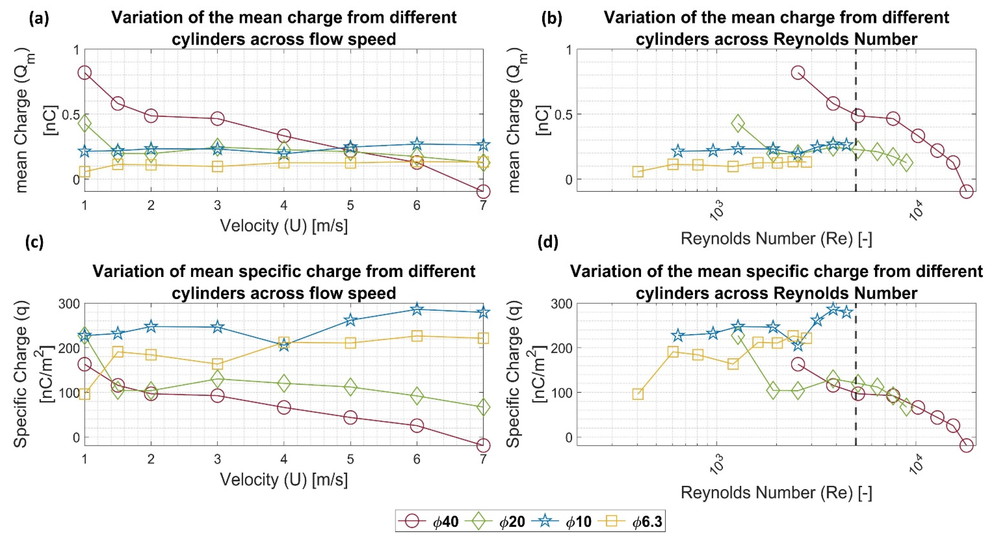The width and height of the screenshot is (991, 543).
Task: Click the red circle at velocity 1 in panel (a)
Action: [85, 73]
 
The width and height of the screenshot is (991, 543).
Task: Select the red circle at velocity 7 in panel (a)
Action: [483, 191]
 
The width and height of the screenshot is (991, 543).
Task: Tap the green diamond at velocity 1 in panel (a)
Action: [85, 124]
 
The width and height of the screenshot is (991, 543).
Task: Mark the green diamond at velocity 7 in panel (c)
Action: [483, 407]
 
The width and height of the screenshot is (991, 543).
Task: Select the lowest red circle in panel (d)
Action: [966, 446]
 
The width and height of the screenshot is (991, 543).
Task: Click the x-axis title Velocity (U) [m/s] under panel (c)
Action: [284, 480]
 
